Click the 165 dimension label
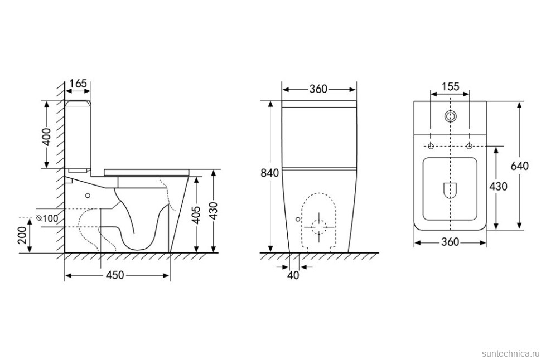point(78,84)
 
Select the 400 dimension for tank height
point(47,137)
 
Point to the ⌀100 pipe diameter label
point(47,218)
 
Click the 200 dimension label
point(23,235)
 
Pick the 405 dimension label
point(196,215)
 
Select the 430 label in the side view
point(214,211)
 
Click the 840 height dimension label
point(269,172)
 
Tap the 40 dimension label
point(293,275)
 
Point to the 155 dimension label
point(451,86)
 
